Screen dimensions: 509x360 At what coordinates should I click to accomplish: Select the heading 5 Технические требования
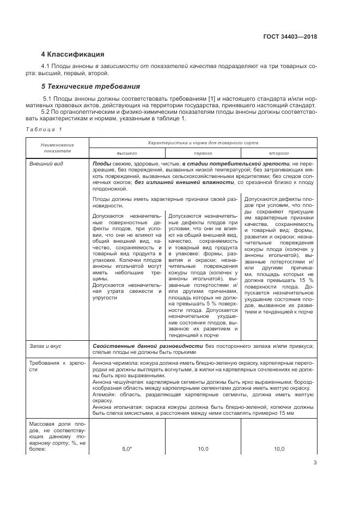[90, 87]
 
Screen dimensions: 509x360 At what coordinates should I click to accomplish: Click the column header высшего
[127, 153]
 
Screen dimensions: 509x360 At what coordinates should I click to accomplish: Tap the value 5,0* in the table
[127, 449]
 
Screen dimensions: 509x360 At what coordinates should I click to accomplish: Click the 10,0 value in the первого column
[203, 449]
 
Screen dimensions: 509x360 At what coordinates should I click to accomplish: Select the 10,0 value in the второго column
[279, 449]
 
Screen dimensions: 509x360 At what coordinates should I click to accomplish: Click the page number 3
[315, 463]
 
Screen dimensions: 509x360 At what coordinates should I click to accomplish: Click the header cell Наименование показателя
[57, 148]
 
